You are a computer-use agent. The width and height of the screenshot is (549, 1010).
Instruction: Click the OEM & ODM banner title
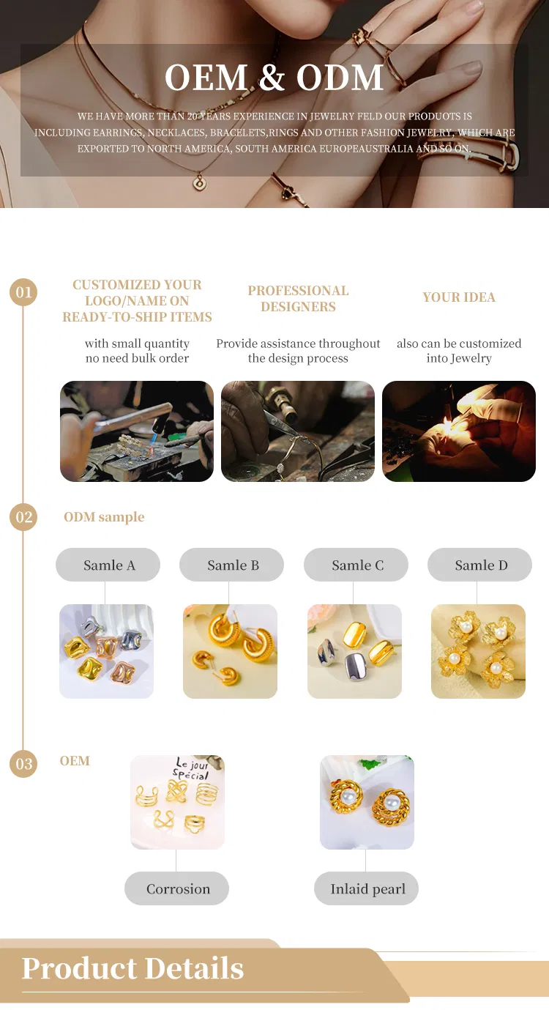pos(274,78)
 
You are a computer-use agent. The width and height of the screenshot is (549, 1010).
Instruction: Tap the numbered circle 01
pos(24,293)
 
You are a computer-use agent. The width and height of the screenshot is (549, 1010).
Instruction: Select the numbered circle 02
pos(24,517)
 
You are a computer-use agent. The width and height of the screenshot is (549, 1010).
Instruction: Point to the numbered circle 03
pos(24,764)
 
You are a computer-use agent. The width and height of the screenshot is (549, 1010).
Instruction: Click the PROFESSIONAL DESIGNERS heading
pos(298,299)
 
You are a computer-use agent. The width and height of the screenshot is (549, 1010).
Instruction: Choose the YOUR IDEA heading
pos(459,297)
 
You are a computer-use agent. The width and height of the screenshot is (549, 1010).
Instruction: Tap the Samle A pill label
pos(108,565)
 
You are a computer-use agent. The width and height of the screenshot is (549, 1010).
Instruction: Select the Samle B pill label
pos(232,565)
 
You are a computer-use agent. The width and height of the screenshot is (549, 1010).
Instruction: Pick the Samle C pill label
pos(356,565)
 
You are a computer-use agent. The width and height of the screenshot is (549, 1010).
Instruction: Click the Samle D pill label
pos(480,565)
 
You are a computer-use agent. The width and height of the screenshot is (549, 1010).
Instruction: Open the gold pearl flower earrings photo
pos(478,651)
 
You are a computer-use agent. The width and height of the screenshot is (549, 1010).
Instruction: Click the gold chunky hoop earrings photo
pos(230,651)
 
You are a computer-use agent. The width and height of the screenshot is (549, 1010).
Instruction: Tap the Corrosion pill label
pos(177,889)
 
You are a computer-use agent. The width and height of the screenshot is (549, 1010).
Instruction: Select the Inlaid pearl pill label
pos(367,889)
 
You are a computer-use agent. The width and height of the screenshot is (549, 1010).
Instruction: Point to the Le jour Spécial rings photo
pos(177,802)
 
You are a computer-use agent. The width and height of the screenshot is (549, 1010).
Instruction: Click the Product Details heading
pos(132,968)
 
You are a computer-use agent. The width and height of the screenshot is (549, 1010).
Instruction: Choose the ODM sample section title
pos(104,517)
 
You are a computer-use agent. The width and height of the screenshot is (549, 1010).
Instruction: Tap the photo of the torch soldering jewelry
pos(137,431)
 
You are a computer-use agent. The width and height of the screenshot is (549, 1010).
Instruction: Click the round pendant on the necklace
pos(198,183)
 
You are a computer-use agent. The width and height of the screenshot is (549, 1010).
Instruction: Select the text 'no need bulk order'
pos(137,358)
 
